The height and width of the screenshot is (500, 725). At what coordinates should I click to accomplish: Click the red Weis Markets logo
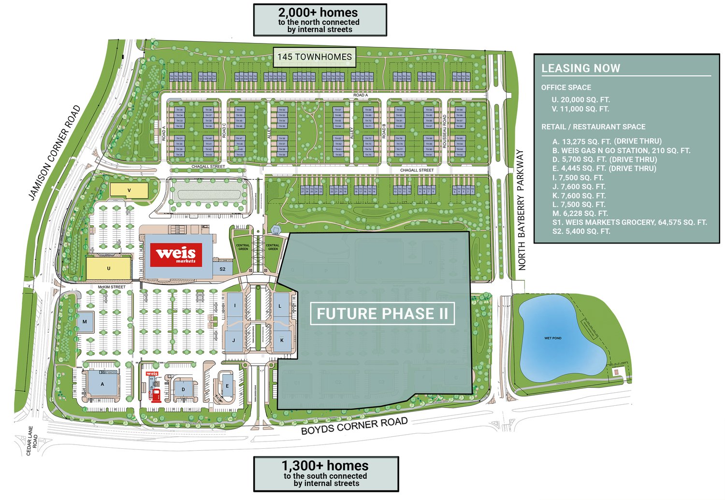tap(176, 255)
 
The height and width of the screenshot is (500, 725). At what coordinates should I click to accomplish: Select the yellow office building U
tap(108, 268)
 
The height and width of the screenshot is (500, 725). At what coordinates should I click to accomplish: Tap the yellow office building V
tap(129, 190)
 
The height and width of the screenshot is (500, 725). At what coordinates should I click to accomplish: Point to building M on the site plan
tap(85, 322)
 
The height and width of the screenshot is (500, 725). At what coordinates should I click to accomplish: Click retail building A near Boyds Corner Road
tap(102, 384)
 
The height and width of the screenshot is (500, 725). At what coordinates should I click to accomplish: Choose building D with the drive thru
tap(183, 388)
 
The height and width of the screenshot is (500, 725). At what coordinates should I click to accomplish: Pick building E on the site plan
tap(227, 386)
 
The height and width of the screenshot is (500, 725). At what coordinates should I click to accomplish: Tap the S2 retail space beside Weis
tap(222, 269)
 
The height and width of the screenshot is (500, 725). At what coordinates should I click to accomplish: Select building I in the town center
tap(235, 306)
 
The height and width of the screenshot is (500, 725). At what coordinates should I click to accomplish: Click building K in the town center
tap(282, 340)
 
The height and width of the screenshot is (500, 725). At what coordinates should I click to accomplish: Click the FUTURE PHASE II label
tap(382, 314)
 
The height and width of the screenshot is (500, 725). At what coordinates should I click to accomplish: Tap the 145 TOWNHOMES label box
tap(315, 57)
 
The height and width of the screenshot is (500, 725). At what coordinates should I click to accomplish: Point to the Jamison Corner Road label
tap(54, 153)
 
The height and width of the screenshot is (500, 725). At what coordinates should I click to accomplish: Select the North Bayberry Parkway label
tap(521, 209)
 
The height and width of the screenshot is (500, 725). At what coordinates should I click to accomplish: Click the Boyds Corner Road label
tap(354, 426)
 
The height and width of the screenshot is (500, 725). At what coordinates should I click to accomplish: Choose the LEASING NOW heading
tap(580, 68)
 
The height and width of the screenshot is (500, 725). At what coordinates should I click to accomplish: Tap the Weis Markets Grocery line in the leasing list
tap(629, 222)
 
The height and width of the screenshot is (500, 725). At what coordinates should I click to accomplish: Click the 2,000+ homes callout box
tap(320, 20)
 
